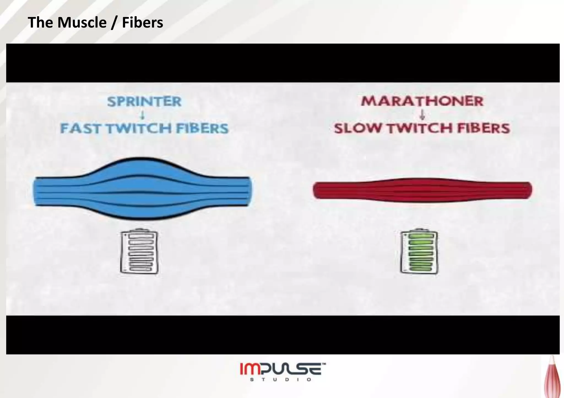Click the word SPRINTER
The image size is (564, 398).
click(x=144, y=101)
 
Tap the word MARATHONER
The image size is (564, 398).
click(x=422, y=101)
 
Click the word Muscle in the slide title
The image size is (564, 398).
click(x=82, y=23)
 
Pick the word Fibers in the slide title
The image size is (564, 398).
click(x=142, y=23)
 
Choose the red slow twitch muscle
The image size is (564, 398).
click(x=422, y=190)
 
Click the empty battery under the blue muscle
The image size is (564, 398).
click(x=140, y=252)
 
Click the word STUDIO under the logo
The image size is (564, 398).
click(x=281, y=380)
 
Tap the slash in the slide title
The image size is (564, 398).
click(x=114, y=23)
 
